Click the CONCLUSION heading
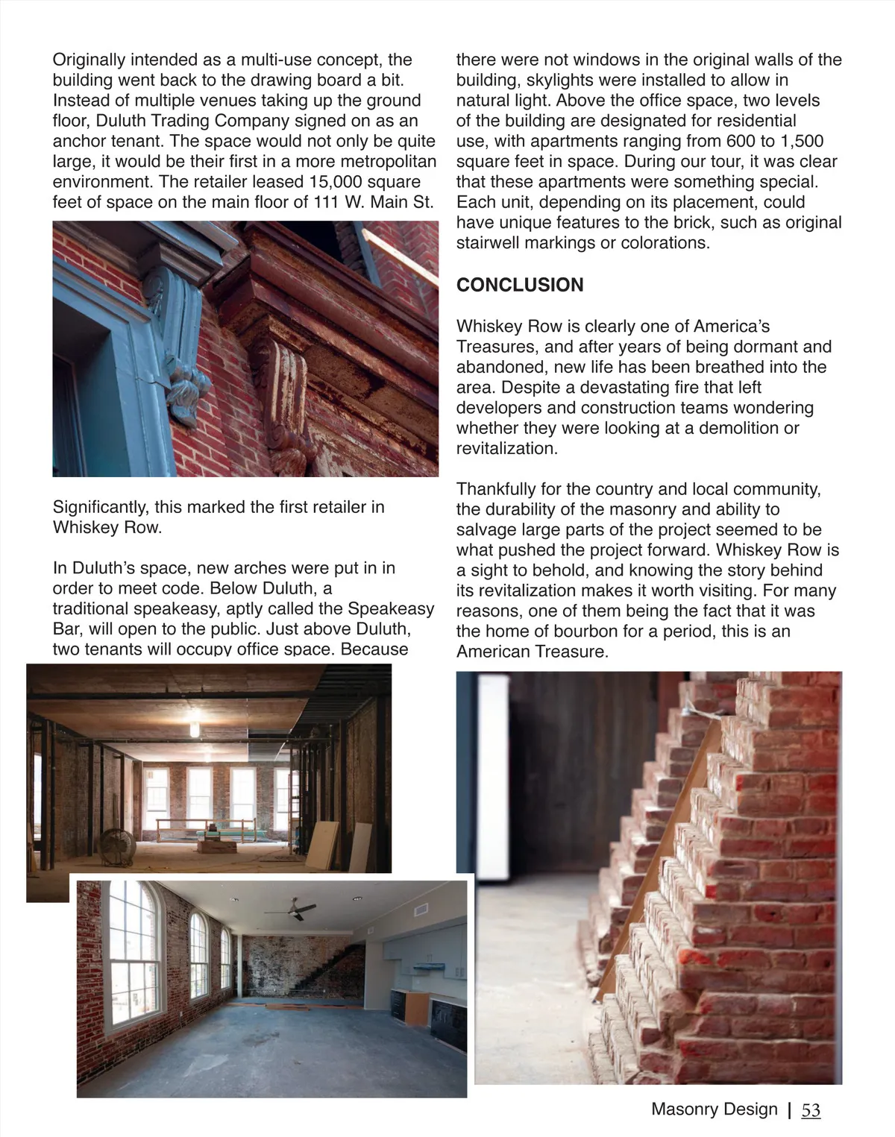(x=520, y=285)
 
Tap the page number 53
(x=811, y=1110)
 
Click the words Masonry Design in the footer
(x=714, y=1109)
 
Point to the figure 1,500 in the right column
(x=794, y=142)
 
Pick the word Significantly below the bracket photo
(x=101, y=508)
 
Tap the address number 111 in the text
(x=324, y=202)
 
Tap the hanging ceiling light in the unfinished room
(x=195, y=725)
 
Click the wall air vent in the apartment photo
(x=420, y=910)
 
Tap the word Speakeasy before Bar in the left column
(x=390, y=609)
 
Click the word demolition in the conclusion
(x=730, y=429)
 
